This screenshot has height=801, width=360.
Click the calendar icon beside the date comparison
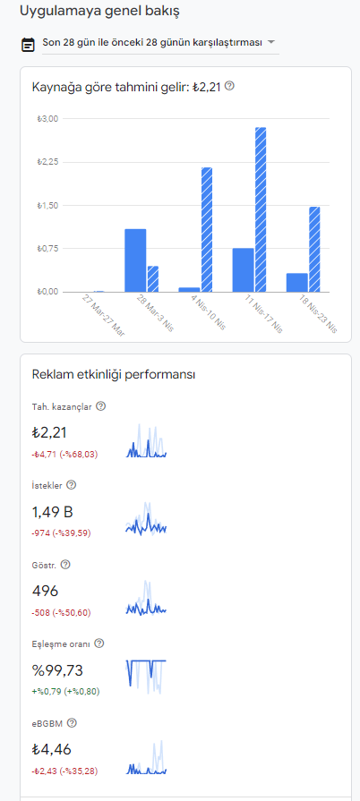pos(28,45)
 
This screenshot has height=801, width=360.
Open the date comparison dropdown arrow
pos(271,42)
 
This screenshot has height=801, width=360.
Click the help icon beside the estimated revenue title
pos(229,86)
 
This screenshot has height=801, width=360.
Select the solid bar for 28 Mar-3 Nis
pos(135,260)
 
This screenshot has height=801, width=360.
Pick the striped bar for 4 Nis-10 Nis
pos(207,230)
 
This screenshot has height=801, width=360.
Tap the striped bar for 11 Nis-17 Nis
pos(261,209)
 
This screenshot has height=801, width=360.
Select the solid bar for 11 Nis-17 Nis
pos(243,270)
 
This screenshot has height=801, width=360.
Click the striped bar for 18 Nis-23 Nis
pos(314,250)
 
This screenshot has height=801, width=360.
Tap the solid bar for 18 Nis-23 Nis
pos(297,283)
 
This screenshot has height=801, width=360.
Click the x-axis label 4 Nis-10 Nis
pos(208,312)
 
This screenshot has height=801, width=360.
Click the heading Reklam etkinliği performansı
pos(114,374)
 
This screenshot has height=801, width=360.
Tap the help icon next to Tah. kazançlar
pos(100,406)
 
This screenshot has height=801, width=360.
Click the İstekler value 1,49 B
pos(53,512)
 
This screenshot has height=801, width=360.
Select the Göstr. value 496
pos(45,591)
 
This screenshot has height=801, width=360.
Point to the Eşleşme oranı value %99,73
pos(57,670)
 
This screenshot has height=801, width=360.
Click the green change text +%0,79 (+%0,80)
pos(65,692)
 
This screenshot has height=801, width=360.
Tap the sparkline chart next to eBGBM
pos(146,757)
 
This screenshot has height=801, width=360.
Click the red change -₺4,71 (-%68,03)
pos(64,454)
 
